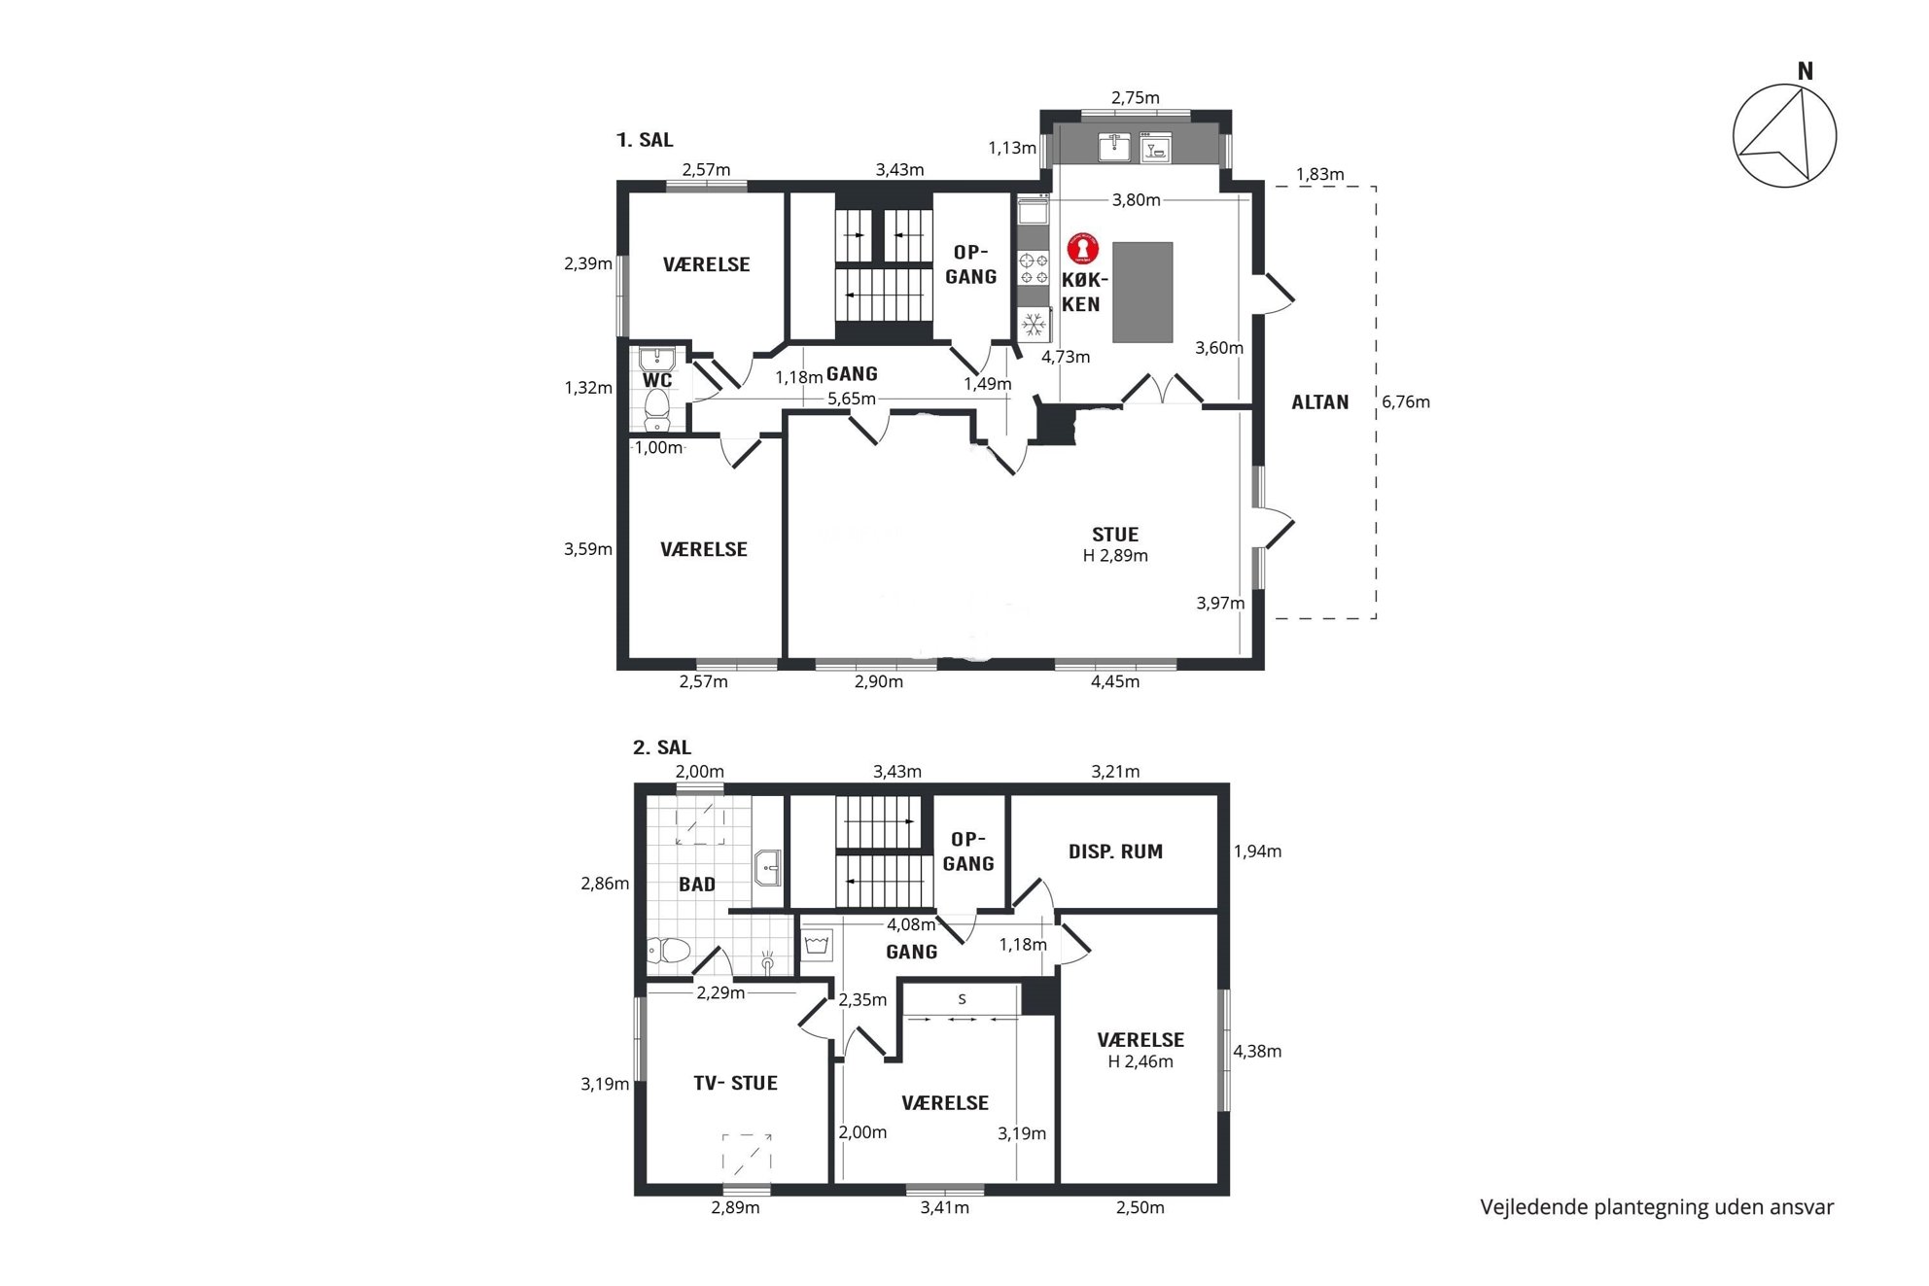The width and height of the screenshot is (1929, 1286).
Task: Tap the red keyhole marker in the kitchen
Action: (x=1082, y=249)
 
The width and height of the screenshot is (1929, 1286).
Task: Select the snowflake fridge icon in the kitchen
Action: (x=1034, y=324)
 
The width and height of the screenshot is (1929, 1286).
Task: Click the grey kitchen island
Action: (x=1142, y=293)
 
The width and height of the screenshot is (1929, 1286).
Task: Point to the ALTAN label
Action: (x=1319, y=402)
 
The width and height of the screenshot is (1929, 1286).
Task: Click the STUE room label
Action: (x=1115, y=535)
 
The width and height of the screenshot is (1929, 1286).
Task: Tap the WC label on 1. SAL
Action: (x=657, y=380)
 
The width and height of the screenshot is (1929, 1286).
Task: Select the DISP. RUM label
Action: (x=1115, y=852)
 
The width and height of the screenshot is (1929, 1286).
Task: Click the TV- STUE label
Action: (x=735, y=1083)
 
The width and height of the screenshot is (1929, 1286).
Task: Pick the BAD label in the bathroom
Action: (x=697, y=885)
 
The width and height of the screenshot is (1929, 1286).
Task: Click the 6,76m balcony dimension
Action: (x=1406, y=402)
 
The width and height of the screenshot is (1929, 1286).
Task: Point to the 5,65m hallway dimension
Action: (x=852, y=399)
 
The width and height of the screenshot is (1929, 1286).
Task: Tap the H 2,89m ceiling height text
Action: (x=1115, y=556)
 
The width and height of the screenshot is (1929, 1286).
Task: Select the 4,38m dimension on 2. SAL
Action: (x=1257, y=1051)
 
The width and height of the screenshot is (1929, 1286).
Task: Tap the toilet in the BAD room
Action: (x=669, y=950)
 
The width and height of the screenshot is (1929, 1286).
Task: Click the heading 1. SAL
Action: (x=645, y=140)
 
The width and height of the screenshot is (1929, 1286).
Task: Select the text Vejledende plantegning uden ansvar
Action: (x=1657, y=1207)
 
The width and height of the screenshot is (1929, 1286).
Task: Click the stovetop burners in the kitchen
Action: (x=1034, y=268)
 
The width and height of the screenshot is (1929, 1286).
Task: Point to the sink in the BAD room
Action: (x=768, y=868)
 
